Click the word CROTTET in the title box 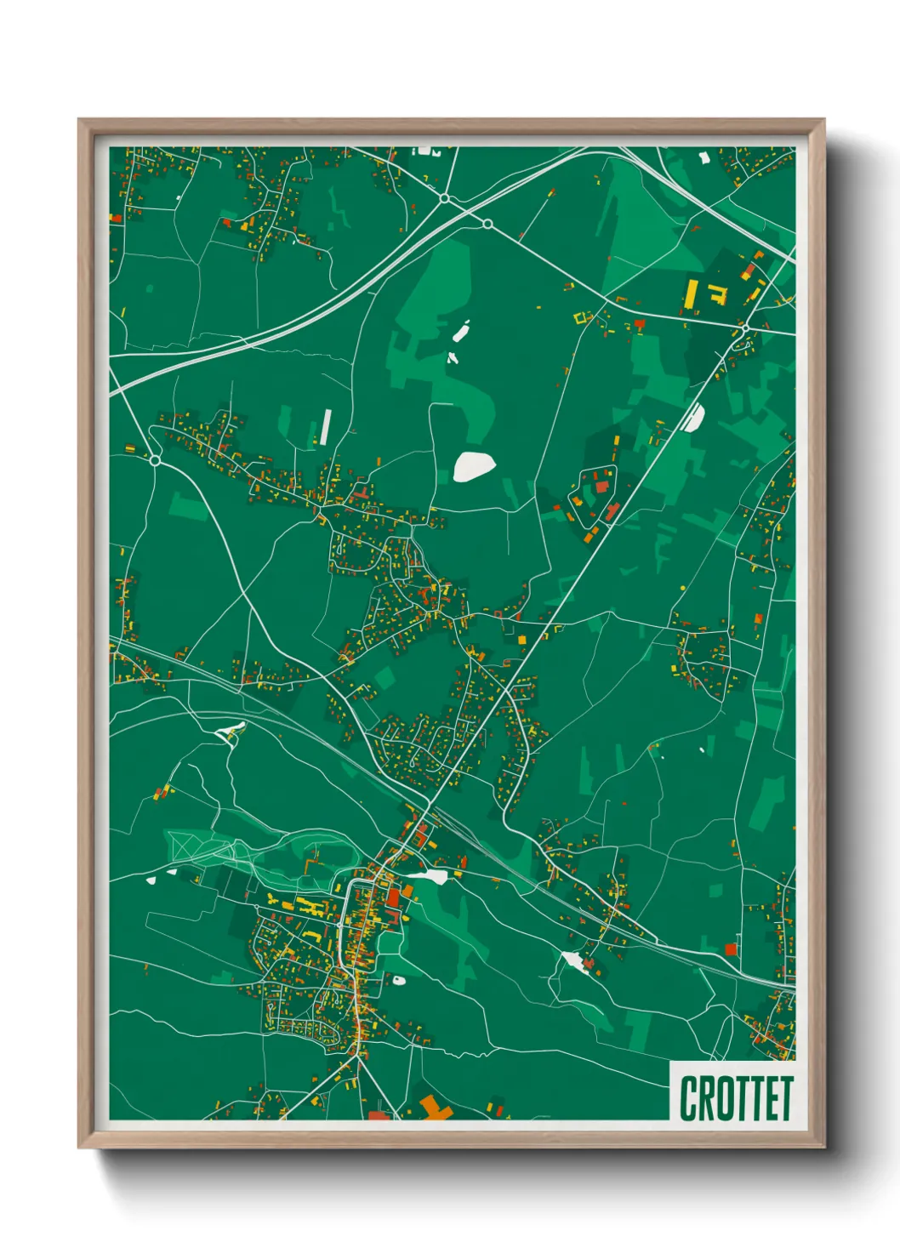coord(736,1098)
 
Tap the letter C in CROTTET coord(687,1098)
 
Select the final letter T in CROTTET coord(786,1098)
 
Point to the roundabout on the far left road coord(155,460)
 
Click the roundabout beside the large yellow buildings coord(745,328)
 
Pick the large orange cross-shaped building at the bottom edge coord(434,1108)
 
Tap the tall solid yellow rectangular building coord(692,293)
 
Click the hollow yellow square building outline coord(584,318)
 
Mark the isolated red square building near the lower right coord(730,949)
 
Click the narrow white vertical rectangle coord(325,427)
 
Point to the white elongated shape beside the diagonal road coord(694,417)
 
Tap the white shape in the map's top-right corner coord(703,157)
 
